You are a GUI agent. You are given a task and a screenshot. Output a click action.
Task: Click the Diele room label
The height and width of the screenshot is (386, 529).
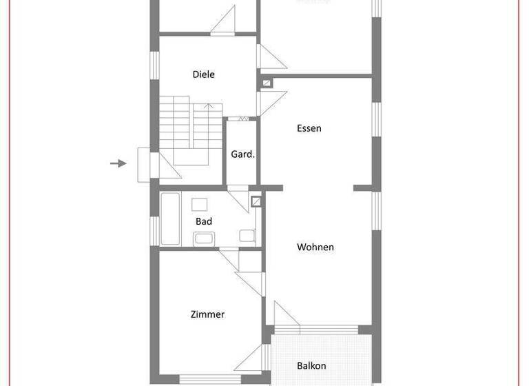tap(203, 74)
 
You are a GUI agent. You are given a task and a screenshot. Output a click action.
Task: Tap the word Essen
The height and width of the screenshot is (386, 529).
tap(309, 128)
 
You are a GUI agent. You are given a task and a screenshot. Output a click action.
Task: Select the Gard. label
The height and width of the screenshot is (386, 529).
tap(242, 154)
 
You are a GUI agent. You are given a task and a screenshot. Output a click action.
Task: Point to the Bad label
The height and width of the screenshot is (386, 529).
tap(203, 221)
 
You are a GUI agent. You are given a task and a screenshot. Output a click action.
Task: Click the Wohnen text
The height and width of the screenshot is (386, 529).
tap(315, 247)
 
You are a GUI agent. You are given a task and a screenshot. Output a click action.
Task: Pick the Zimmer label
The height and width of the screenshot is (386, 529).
tap(207, 314)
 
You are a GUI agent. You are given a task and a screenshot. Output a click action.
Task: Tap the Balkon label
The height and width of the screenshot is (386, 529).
tap(311, 365)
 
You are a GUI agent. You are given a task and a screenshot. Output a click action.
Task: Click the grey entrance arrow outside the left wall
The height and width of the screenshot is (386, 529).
tap(118, 163)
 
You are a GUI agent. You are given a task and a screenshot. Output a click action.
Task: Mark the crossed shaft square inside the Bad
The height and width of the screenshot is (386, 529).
tap(256, 202)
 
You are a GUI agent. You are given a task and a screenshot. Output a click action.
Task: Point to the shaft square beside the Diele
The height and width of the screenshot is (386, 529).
tap(267, 83)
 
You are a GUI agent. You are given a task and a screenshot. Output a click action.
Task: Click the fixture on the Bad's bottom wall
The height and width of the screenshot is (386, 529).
tap(204, 238)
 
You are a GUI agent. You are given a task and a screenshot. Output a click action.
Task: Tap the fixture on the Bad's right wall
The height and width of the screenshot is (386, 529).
tap(247, 235)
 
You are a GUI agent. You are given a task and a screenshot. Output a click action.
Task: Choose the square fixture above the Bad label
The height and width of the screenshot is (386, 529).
tap(200, 204)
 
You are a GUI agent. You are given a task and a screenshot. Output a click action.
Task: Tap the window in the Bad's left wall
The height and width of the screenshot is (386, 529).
tap(154, 230)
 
